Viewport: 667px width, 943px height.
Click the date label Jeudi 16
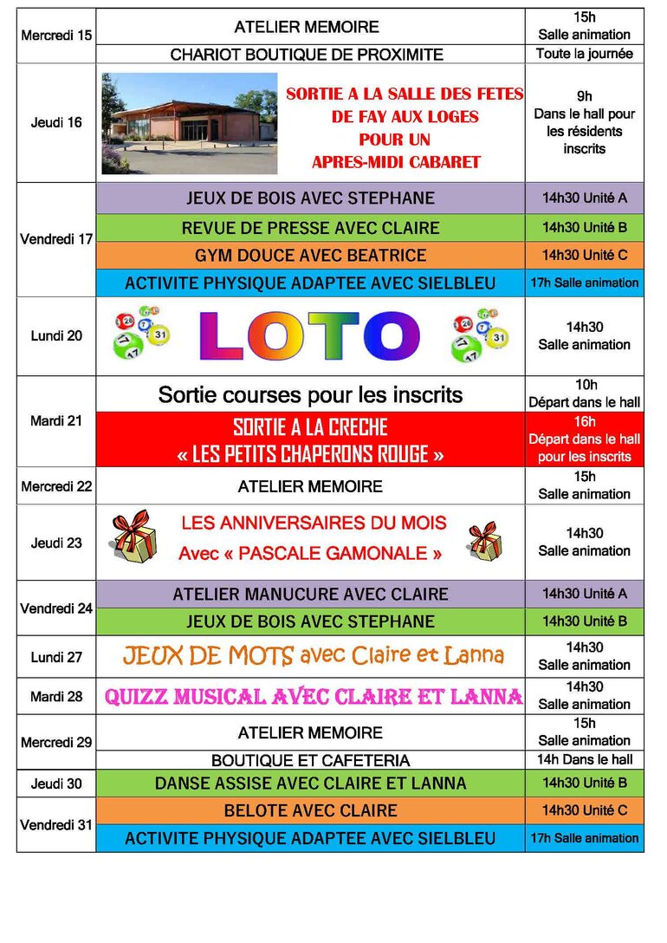pyautogui.click(x=56, y=122)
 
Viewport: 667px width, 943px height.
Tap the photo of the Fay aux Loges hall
pyautogui.click(x=189, y=122)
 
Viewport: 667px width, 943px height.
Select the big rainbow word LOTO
pyautogui.click(x=309, y=336)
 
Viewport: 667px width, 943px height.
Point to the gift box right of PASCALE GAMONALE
pyautogui.click(x=484, y=541)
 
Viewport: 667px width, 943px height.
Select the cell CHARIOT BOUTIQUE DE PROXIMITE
pyautogui.click(x=307, y=55)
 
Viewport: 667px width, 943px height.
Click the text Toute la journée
pyautogui.click(x=585, y=54)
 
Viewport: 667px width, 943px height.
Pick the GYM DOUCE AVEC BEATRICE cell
pyautogui.click(x=310, y=256)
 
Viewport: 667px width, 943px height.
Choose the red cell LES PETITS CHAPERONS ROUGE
pyautogui.click(x=310, y=441)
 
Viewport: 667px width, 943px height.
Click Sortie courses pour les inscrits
pyautogui.click(x=310, y=395)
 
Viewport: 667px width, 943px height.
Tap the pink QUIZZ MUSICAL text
pyautogui.click(x=313, y=697)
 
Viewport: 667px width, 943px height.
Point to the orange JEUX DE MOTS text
pyautogui.click(x=313, y=656)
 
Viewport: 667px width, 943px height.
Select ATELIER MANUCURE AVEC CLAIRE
pyautogui.click(x=310, y=595)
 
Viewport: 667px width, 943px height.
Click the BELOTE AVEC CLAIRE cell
pyautogui.click(x=310, y=811)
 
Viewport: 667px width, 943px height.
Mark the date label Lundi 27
pyautogui.click(x=56, y=657)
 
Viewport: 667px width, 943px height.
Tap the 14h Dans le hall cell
pyautogui.click(x=585, y=760)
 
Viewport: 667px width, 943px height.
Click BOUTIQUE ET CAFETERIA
pyautogui.click(x=310, y=761)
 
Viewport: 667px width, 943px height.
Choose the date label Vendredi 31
pyautogui.click(x=56, y=825)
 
